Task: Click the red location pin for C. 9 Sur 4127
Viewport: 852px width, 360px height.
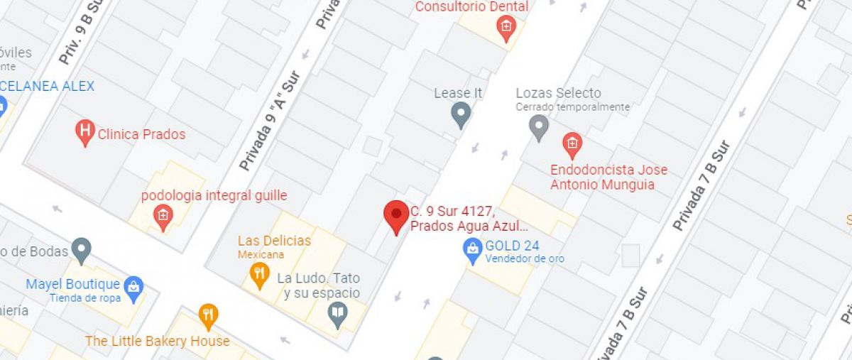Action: click(396, 214)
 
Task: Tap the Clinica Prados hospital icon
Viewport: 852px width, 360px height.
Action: click(85, 132)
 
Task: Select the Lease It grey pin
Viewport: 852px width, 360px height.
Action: click(461, 114)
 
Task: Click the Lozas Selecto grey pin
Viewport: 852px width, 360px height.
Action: click(540, 127)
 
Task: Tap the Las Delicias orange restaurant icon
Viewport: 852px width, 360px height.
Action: click(261, 274)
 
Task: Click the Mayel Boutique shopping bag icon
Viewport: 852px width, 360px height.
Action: click(133, 288)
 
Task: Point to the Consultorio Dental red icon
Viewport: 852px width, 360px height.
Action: click(506, 29)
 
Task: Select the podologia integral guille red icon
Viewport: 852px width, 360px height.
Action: click(163, 217)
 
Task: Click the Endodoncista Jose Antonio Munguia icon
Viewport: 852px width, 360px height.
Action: click(572, 145)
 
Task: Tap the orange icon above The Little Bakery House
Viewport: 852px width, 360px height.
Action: click(208, 316)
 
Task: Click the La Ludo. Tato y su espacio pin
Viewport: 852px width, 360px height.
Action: click(339, 313)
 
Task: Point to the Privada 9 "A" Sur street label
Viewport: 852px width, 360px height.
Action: click(271, 121)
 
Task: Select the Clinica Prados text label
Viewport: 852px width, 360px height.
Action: click(141, 134)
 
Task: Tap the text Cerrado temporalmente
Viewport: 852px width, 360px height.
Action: click(573, 107)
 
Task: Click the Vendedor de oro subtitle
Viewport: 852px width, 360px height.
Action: click(525, 258)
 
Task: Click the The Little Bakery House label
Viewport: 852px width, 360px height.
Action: click(158, 342)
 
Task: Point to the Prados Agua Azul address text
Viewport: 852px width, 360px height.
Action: click(469, 227)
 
